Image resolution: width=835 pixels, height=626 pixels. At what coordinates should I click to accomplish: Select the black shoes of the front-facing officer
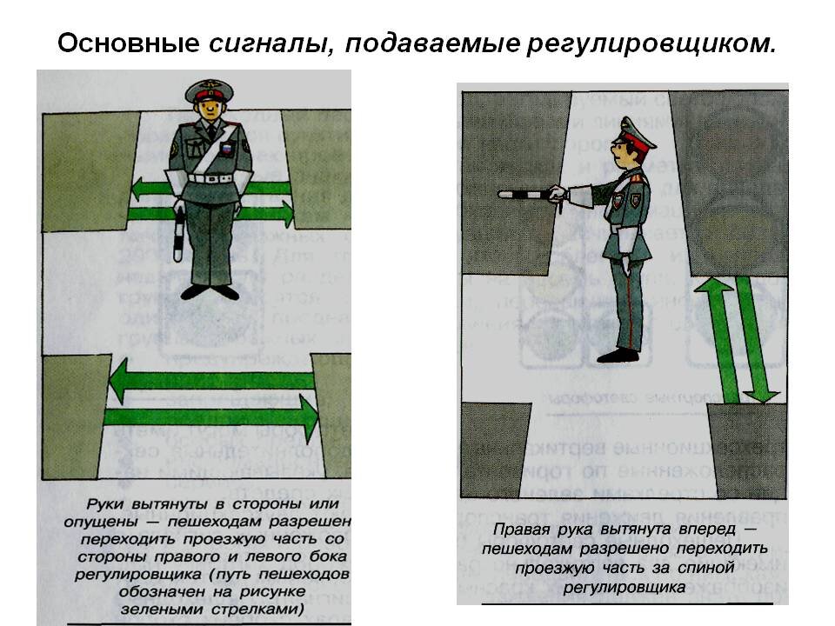point(210,293)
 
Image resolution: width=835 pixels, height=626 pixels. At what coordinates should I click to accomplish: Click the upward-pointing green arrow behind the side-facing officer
point(721,339)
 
